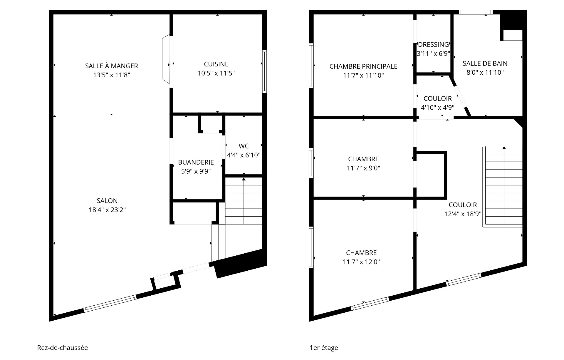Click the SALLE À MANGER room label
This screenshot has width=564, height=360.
pyautogui.click(x=111, y=66)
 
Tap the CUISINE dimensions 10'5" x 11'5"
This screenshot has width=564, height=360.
pyautogui.click(x=216, y=73)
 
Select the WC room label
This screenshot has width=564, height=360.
pyautogui.click(x=244, y=146)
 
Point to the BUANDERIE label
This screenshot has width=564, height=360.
pyautogui.click(x=196, y=162)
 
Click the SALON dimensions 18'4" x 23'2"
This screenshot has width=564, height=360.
pyautogui.click(x=107, y=210)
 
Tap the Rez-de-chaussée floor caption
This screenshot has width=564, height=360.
pyautogui.click(x=63, y=348)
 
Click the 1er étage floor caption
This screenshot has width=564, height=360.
pyautogui.click(x=324, y=348)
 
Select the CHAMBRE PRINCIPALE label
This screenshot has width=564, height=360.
pyautogui.click(x=363, y=66)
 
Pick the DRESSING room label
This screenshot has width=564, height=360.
pyautogui.click(x=433, y=45)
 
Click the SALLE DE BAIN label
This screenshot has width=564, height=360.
pyautogui.click(x=485, y=63)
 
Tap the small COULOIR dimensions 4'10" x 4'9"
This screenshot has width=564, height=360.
pyautogui.click(x=438, y=108)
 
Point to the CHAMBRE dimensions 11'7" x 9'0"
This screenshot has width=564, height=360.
pyautogui.click(x=363, y=168)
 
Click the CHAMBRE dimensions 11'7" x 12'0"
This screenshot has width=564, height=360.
pyautogui.click(x=361, y=262)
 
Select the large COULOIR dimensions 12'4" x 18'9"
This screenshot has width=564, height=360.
pyautogui.click(x=463, y=214)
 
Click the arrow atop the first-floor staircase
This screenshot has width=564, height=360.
pyautogui.click(x=504, y=148)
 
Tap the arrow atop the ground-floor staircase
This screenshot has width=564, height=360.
pyautogui.click(x=244, y=179)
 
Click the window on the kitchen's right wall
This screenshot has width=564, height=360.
pyautogui.click(x=264, y=71)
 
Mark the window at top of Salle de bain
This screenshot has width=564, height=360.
pyautogui.click(x=476, y=12)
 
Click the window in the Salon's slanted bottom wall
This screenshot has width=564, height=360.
pyautogui.click(x=110, y=304)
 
